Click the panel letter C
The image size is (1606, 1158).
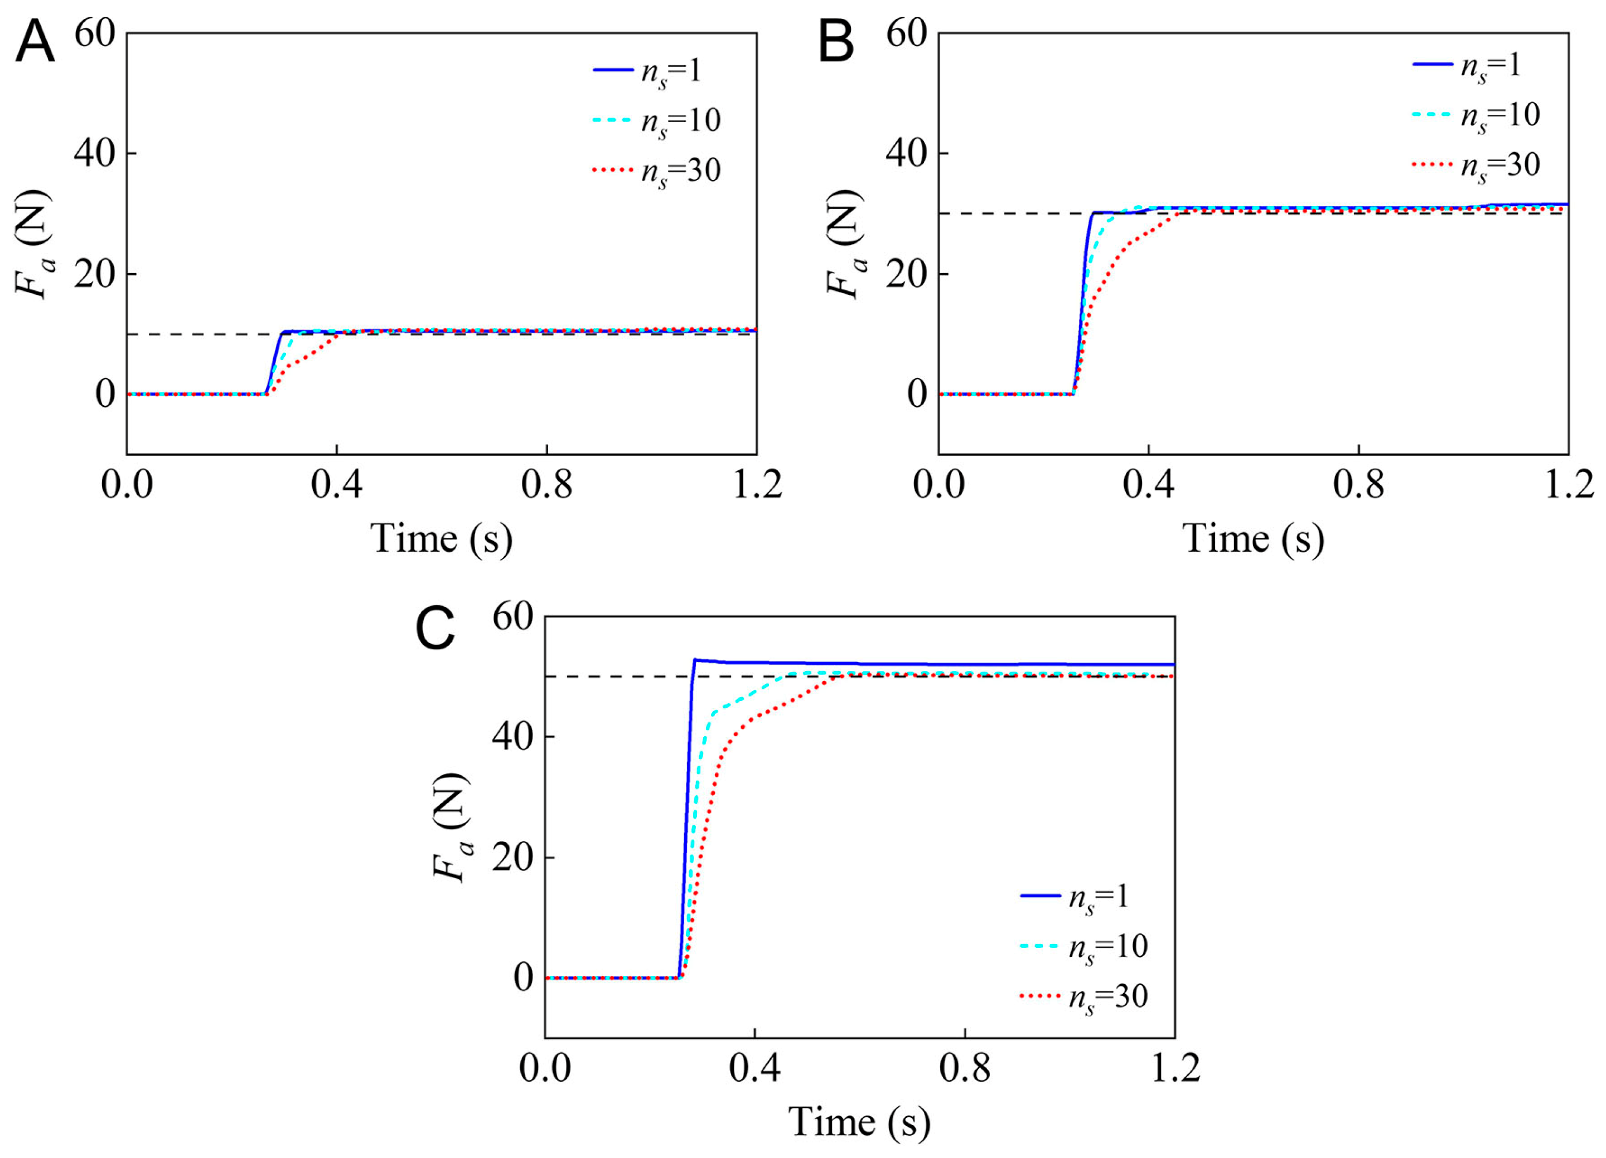[x=434, y=629]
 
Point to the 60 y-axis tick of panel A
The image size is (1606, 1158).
[x=95, y=33]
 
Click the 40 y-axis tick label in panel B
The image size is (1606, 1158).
[x=906, y=154]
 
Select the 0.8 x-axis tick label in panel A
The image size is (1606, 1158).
[x=546, y=485]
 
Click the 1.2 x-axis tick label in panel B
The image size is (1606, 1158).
[x=1568, y=485]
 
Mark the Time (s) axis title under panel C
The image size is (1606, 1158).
[x=859, y=1122]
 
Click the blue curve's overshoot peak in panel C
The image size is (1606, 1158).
[x=695, y=660]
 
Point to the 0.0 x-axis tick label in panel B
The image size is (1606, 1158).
[x=939, y=485]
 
